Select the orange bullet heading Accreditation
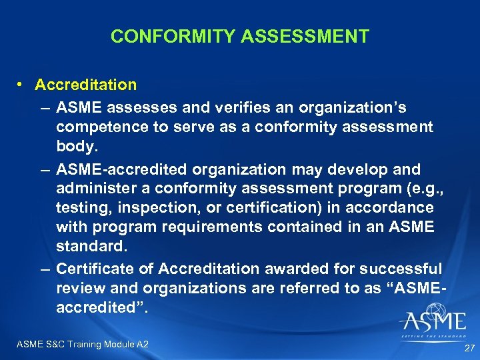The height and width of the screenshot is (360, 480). [86, 85]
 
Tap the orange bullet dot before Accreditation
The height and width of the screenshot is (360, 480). [23, 85]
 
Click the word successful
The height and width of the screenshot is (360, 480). [401, 269]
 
